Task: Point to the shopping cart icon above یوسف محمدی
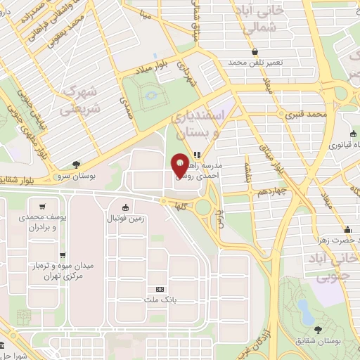tap(44, 207)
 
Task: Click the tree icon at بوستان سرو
tap(75, 164)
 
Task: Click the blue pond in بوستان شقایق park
tap(304, 309)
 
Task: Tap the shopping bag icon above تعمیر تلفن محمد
tap(254, 51)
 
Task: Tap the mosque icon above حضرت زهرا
tap(347, 229)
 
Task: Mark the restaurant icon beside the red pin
tap(197, 155)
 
